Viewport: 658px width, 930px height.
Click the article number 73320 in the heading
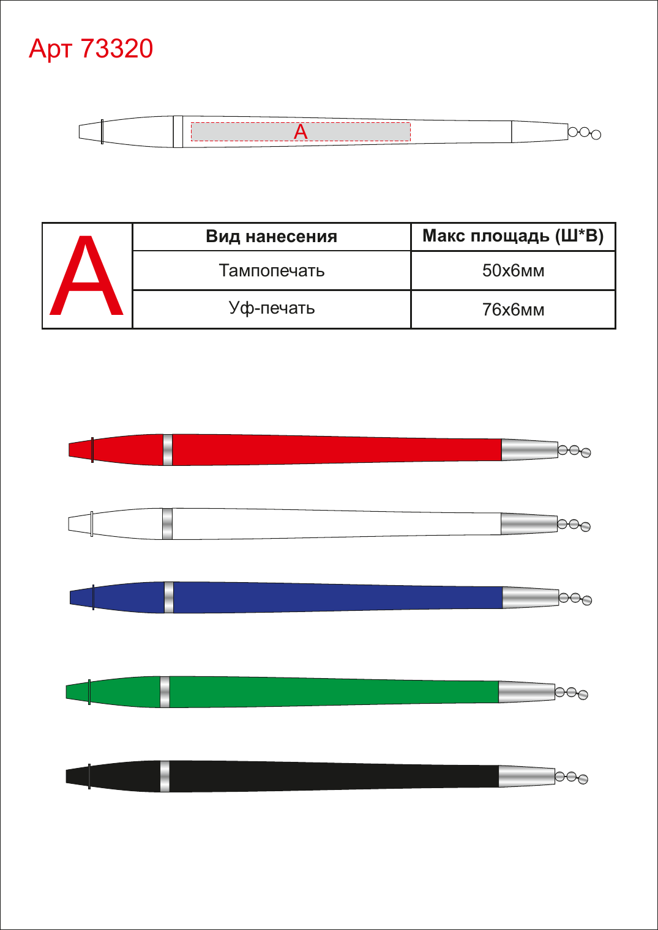coord(117,48)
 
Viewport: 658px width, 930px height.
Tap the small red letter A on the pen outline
coord(301,132)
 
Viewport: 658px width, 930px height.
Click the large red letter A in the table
coord(86,275)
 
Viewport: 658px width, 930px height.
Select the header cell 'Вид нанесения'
coord(271,237)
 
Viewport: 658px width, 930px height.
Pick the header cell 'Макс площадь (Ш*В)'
coord(513,237)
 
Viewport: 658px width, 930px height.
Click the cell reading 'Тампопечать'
coord(271,271)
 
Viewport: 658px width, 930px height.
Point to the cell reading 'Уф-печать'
coord(271,309)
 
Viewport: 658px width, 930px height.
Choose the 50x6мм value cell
coord(513,271)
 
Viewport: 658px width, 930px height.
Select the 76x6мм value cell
coord(513,309)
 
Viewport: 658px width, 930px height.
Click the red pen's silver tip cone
coord(529,449)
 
